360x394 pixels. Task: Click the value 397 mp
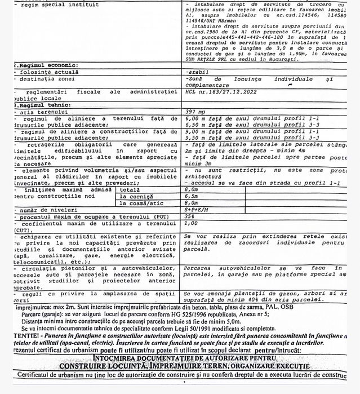195,112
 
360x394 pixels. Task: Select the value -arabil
197,73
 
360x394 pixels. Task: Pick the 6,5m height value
192,197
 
